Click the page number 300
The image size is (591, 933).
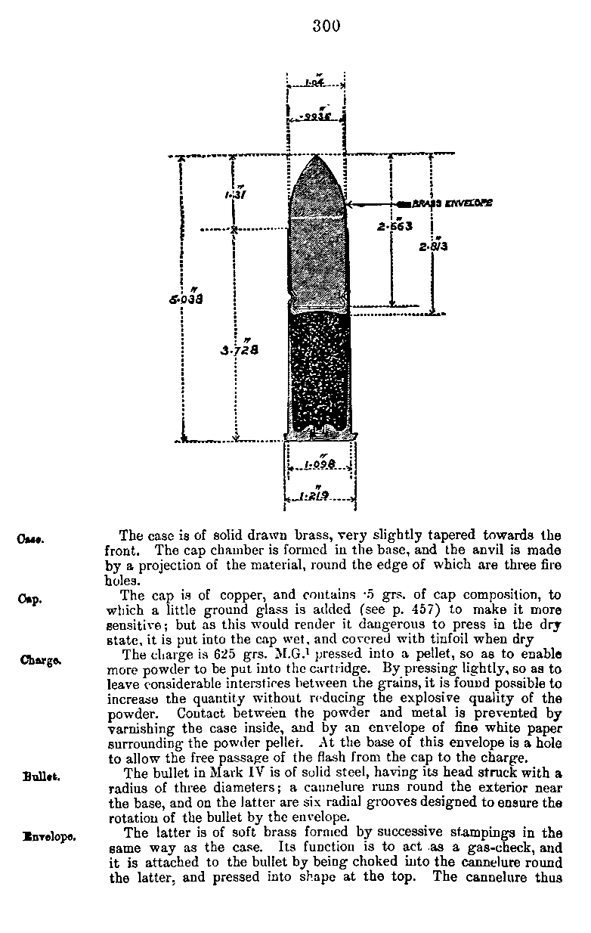(326, 26)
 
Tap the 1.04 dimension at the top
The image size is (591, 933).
(315, 82)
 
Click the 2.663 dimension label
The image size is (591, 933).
(395, 225)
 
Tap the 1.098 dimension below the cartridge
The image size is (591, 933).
(318, 464)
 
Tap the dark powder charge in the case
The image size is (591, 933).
(318, 370)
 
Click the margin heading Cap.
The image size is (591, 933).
(29, 599)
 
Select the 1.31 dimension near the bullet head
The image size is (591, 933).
(234, 194)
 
